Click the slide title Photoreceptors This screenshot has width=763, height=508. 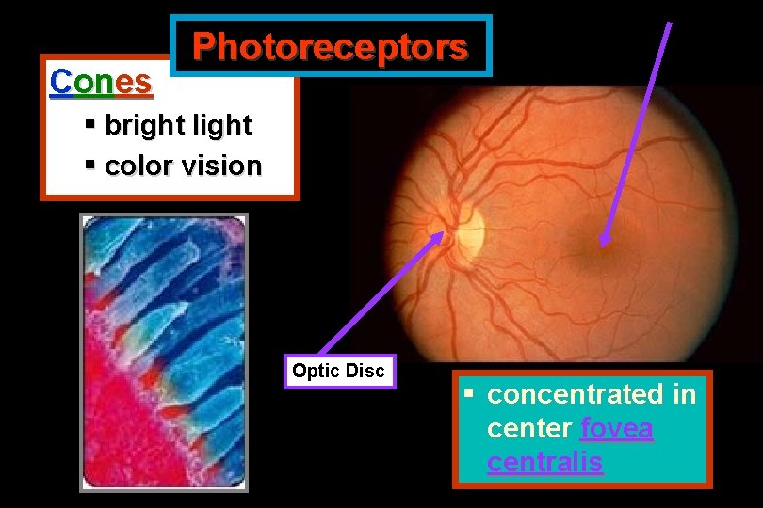[x=330, y=46]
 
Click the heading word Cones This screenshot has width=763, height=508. [x=100, y=82]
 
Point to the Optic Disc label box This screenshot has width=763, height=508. [x=338, y=371]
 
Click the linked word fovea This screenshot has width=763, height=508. [x=617, y=429]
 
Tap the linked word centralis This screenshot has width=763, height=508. [x=544, y=463]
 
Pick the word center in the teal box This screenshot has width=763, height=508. [x=529, y=429]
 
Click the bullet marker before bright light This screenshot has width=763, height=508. [x=90, y=124]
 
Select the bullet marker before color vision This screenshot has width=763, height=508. [x=90, y=165]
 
